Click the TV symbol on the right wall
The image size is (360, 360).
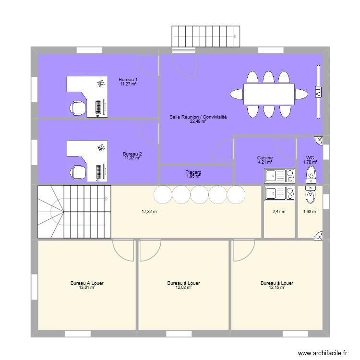click(317, 92)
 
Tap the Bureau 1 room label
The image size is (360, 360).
click(129, 80)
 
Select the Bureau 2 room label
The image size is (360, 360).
click(132, 154)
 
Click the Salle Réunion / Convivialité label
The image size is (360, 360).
click(198, 117)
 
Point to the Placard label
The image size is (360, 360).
click(193, 172)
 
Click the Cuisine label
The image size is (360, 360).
click(265, 158)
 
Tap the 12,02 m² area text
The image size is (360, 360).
click(183, 288)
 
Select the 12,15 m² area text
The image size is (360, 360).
click(276, 288)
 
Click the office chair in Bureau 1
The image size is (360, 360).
click(78, 107)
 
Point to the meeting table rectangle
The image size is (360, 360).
click(269, 94)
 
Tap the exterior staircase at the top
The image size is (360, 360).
click(205, 36)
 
